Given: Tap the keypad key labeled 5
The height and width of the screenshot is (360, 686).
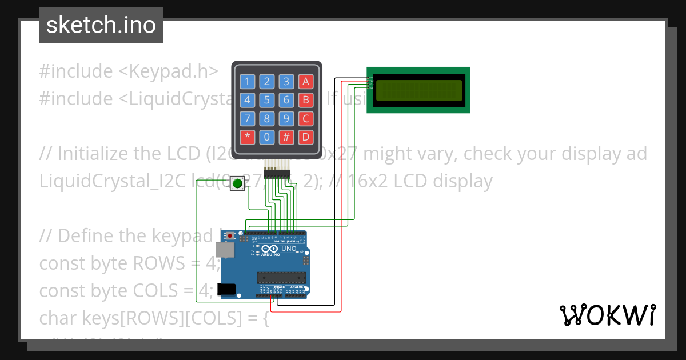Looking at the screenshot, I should tap(267, 101).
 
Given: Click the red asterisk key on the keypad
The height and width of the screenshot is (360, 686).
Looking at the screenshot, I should tap(247, 137).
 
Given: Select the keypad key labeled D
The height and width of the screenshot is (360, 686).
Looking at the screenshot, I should tap(306, 137).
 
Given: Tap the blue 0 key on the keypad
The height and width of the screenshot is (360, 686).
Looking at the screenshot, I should tap(267, 137).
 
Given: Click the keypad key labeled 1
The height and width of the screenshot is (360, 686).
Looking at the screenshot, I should tap(247, 82).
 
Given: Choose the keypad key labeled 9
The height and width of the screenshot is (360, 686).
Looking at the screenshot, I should tap(286, 119).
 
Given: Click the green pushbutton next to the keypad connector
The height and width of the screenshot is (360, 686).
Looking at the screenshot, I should tap(237, 183).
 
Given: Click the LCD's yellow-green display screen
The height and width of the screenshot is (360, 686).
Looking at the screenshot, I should tap(418, 90).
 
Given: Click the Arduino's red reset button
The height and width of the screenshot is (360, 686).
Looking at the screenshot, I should tap(230, 235).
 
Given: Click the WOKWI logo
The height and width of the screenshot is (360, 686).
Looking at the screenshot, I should tap(607, 315).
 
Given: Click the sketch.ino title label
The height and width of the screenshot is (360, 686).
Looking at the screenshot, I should tap(101, 25).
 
